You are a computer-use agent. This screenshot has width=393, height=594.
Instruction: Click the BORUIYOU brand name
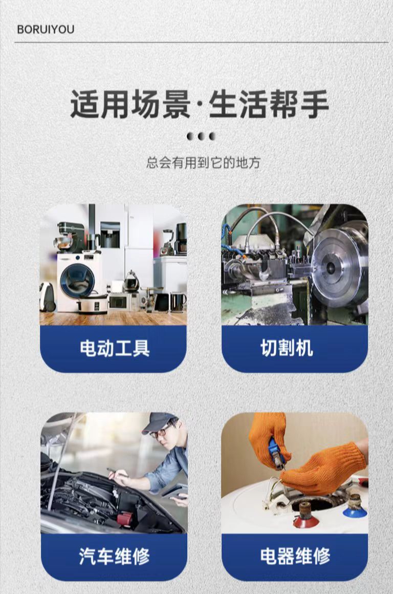pyautogui.click(x=46, y=29)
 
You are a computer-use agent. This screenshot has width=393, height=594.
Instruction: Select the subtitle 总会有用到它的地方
pyautogui.click(x=203, y=163)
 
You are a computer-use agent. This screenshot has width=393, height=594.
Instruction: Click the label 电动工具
pyautogui.click(x=114, y=348)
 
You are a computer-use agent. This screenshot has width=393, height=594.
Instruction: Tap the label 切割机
pyautogui.click(x=287, y=348)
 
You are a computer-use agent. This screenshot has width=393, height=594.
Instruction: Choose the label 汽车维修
pyautogui.click(x=114, y=556)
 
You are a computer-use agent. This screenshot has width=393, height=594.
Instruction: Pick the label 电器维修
pyautogui.click(x=295, y=556)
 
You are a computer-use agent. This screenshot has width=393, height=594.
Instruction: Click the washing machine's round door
pyautogui.click(x=77, y=280)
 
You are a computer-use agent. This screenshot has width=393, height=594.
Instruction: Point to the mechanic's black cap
pyautogui.click(x=158, y=422)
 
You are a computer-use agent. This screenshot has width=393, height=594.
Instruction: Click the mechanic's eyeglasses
pyautogui.click(x=161, y=431)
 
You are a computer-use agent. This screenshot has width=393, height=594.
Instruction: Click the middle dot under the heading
pyautogui.click(x=202, y=136)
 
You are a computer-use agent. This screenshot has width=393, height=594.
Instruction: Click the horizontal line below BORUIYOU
pyautogui.click(x=201, y=42)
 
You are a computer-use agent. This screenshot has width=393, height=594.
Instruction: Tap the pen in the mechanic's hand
pyautogui.click(x=117, y=472)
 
